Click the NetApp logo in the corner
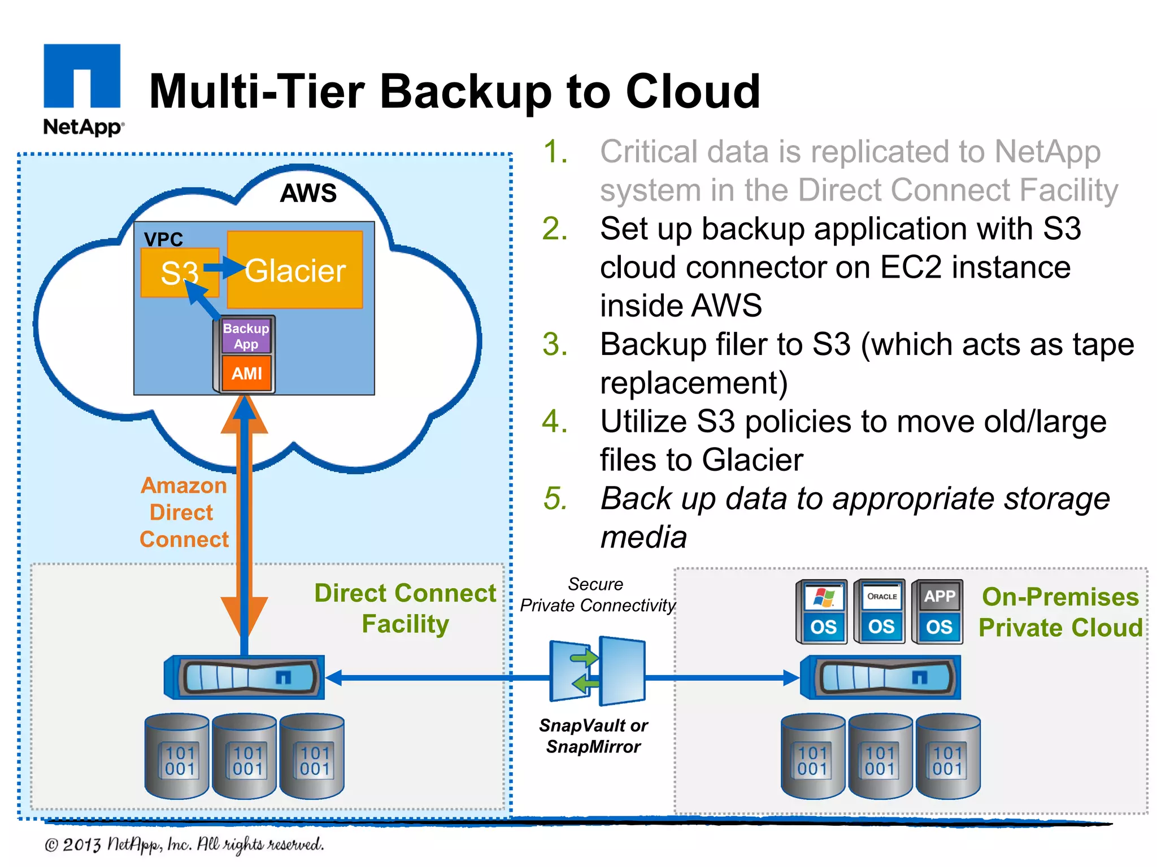[82, 89]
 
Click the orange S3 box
[179, 273]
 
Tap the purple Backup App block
[246, 336]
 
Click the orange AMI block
[247, 373]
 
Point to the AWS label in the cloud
[308, 193]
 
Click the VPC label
[163, 239]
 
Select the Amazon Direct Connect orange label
[184, 513]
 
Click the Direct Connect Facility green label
[405, 608]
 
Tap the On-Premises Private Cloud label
[1060, 612]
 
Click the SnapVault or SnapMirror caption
[593, 735]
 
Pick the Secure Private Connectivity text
[597, 595]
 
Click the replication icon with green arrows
[597, 671]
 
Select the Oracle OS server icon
[881, 612]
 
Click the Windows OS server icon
[823, 612]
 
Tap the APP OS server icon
[939, 612]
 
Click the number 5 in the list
[555, 499]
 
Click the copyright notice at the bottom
[184, 844]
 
